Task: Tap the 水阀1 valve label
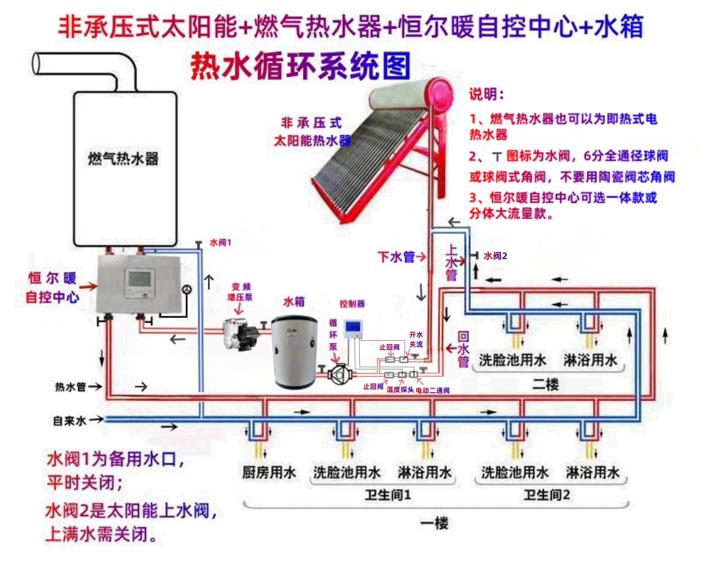pos(220,242)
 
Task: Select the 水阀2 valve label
pos(495,256)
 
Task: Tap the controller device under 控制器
pos(353,330)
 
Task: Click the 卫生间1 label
pos(388,495)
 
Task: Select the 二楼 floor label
pos(546,385)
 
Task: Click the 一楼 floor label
pos(434,523)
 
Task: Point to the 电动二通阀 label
pos(432,390)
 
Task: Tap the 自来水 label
pos(70,420)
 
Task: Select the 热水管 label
pos(70,387)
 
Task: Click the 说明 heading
pos(486,94)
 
